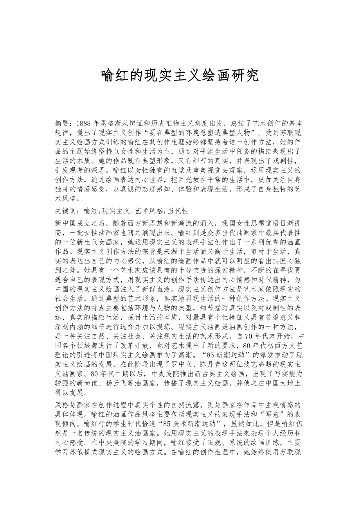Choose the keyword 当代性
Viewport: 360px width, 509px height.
coord(178,211)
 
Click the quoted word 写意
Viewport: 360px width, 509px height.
coord(270,413)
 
